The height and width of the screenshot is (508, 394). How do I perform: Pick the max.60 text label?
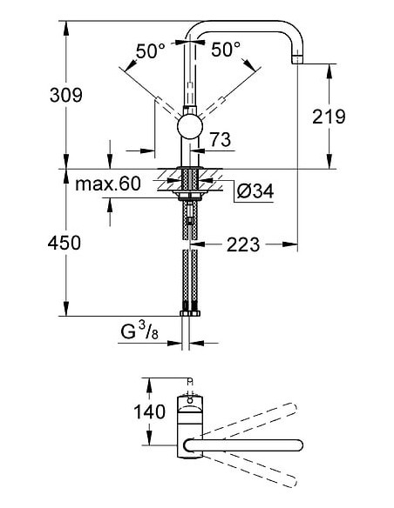[107, 184]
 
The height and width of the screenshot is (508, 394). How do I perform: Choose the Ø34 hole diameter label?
[255, 190]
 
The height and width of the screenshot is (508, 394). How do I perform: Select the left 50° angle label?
[151, 51]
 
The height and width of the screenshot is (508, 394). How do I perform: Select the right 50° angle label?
[225, 51]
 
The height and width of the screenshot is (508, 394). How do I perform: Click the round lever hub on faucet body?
[188, 128]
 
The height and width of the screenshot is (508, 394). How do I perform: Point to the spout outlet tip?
[296, 60]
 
